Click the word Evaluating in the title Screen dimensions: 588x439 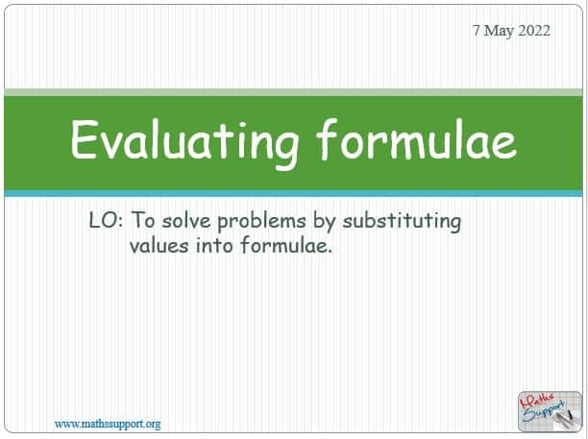click(x=184, y=142)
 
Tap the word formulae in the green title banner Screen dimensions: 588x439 click(x=417, y=138)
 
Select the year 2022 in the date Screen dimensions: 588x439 click(x=533, y=31)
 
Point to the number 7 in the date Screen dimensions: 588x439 click(x=476, y=31)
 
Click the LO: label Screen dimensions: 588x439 click(x=106, y=220)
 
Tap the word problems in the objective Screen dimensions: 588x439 click(x=261, y=222)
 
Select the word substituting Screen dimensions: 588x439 click(x=402, y=222)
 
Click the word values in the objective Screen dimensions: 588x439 click(x=159, y=246)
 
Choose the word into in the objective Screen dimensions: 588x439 click(x=214, y=246)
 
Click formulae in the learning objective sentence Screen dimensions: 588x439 click(x=286, y=245)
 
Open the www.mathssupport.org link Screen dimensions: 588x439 click(x=108, y=424)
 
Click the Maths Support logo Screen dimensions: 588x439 click(x=550, y=411)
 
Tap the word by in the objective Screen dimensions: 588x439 click(x=325, y=222)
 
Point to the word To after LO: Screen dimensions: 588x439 click(x=142, y=220)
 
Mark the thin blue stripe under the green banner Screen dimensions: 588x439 click(x=293, y=193)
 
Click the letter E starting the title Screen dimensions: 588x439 click(x=82, y=139)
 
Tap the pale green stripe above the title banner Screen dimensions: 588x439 click(x=293, y=92)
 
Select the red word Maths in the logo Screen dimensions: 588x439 click(x=537, y=402)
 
